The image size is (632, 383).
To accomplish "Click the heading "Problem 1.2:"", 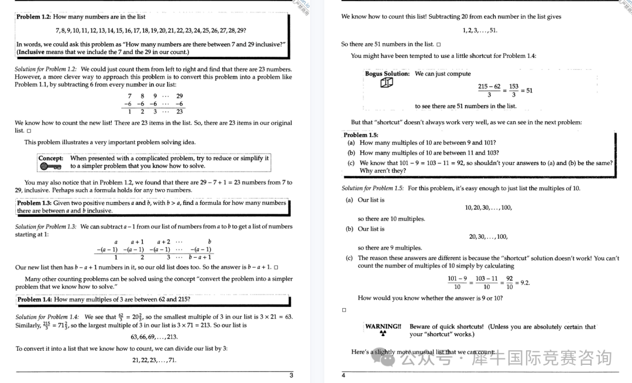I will point(34,17).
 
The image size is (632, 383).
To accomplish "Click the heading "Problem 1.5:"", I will point(361,135).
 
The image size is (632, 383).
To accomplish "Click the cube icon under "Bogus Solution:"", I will point(386,83).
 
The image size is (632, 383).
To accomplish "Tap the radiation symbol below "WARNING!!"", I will point(383,334).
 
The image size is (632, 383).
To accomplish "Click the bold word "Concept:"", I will point(51,158).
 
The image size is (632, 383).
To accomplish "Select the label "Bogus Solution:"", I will point(387,74).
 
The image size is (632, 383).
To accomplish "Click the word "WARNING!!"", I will point(383,326).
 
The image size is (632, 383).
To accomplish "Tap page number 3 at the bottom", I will point(291,375).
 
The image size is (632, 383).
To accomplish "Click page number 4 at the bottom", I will point(344,375).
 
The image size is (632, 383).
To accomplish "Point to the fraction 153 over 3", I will point(513,91).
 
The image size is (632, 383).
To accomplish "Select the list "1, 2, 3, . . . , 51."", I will point(479,30).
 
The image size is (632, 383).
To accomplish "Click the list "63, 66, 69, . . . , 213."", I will point(154,337).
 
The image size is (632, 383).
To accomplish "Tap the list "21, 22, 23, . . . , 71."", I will point(154,360).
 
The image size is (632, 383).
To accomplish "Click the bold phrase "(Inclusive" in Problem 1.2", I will point(35,52).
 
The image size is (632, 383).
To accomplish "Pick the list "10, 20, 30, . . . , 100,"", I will point(488,207).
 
